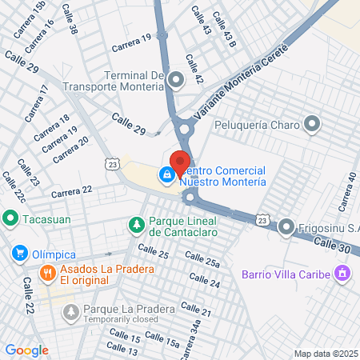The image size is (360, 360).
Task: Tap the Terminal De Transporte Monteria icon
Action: click(x=175, y=78)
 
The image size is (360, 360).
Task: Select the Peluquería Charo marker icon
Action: click(x=312, y=124)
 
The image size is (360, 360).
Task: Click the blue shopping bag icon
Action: click(x=166, y=174)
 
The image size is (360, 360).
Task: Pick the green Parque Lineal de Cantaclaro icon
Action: click(x=136, y=225)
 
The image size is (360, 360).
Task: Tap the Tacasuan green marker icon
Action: click(x=10, y=218)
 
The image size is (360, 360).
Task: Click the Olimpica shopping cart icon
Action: click(x=19, y=254)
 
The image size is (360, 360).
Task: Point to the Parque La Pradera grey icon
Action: click(x=71, y=310)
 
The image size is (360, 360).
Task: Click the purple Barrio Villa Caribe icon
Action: click(x=342, y=275)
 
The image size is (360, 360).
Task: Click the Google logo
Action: click(x=27, y=350)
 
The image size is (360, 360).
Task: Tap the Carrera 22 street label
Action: click(x=71, y=192)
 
